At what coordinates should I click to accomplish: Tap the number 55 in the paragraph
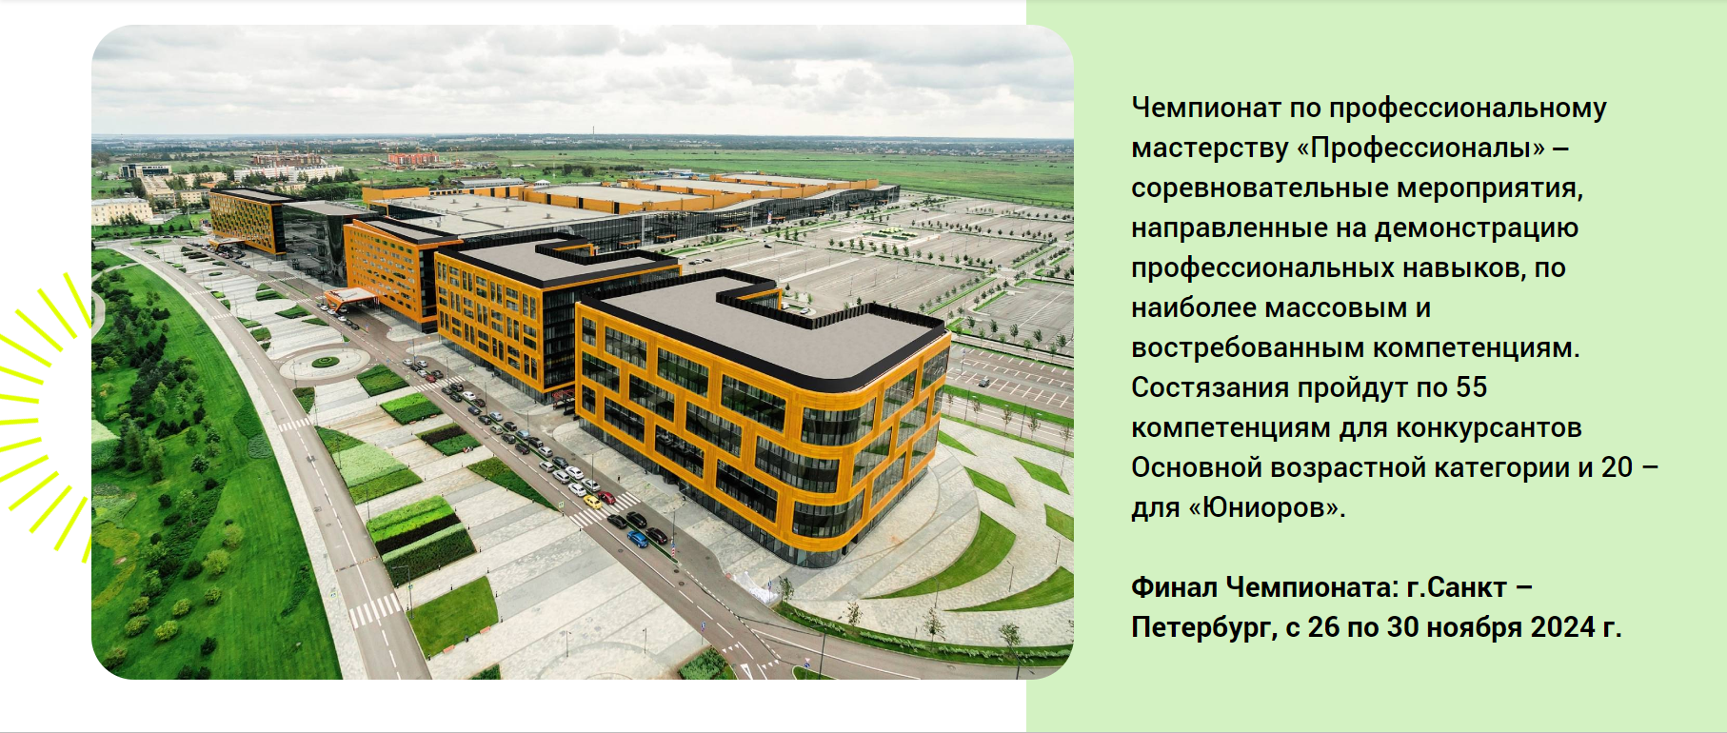click(x=1471, y=387)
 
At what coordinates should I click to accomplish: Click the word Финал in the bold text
click(x=1174, y=587)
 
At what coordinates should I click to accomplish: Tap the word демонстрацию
click(x=1477, y=228)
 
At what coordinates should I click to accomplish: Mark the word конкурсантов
click(x=1474, y=428)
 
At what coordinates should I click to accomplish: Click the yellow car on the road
click(x=592, y=501)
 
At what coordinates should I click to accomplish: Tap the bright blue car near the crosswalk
click(x=637, y=539)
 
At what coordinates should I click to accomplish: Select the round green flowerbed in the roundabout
click(x=326, y=362)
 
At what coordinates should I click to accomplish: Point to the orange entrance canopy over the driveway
click(x=349, y=296)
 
